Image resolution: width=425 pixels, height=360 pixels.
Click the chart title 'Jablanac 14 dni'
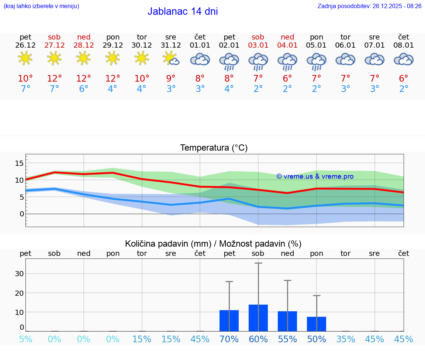click(183, 11)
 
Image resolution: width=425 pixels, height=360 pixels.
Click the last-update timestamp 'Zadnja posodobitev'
click(369, 6)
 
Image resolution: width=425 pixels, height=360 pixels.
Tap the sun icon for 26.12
click(25, 58)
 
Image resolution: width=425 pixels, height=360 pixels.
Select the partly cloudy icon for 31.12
click(171, 59)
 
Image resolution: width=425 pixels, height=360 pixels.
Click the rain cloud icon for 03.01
click(258, 61)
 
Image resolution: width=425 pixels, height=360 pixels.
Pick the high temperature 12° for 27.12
click(54, 79)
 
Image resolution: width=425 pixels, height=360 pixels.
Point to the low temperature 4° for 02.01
click(229, 89)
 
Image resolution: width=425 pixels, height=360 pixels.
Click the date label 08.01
click(404, 45)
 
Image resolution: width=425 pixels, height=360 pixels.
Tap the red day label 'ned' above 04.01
click(287, 37)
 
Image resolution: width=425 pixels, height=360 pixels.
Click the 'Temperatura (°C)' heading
click(214, 148)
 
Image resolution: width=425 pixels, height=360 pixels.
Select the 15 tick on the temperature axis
click(20, 163)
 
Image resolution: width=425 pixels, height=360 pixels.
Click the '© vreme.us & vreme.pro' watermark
click(315, 176)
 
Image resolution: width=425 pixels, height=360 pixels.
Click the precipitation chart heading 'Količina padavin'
click(213, 244)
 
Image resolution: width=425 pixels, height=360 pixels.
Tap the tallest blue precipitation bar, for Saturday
click(258, 318)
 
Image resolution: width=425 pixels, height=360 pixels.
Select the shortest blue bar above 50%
click(317, 324)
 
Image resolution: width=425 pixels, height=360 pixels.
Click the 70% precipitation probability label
click(229, 339)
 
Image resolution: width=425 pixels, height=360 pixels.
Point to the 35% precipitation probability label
click(346, 339)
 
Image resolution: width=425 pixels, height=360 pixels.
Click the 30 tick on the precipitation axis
click(19, 274)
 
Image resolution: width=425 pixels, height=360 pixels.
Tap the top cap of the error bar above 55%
click(287, 281)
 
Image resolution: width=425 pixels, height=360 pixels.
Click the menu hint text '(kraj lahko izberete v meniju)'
click(41, 6)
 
